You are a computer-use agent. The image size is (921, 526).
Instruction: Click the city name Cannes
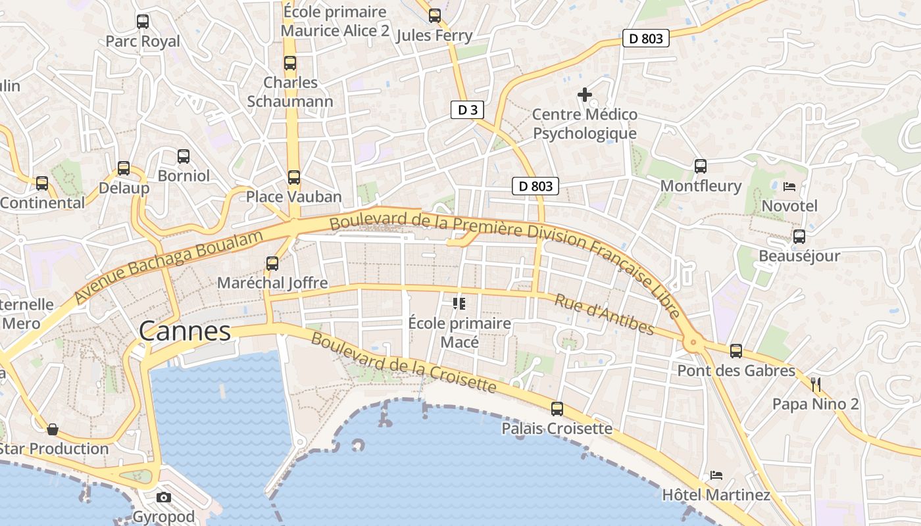pyautogui.click(x=185, y=331)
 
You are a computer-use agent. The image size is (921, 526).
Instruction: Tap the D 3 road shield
pyautogui.click(x=467, y=110)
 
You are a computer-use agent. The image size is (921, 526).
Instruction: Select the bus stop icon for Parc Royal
pyautogui.click(x=143, y=22)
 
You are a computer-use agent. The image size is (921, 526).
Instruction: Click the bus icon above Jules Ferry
pyautogui.click(x=435, y=16)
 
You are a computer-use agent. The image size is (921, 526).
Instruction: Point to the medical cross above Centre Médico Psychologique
pyautogui.click(x=584, y=95)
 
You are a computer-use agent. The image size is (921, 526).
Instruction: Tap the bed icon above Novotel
pyautogui.click(x=789, y=187)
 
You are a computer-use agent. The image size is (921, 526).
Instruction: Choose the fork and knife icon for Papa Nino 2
pyautogui.click(x=816, y=384)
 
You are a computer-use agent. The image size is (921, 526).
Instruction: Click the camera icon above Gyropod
pyautogui.click(x=164, y=497)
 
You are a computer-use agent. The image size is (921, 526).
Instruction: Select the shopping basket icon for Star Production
pyautogui.click(x=53, y=430)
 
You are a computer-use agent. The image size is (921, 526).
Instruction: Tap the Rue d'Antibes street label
pyautogui.click(x=604, y=314)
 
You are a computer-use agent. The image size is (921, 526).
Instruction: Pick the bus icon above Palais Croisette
pyautogui.click(x=557, y=409)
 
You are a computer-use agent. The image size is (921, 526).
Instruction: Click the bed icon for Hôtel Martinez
pyautogui.click(x=716, y=475)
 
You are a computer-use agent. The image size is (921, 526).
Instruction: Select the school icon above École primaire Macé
pyautogui.click(x=459, y=303)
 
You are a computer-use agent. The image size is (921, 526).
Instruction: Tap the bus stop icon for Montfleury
pyautogui.click(x=701, y=166)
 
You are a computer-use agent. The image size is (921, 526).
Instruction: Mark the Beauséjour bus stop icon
pyautogui.click(x=799, y=237)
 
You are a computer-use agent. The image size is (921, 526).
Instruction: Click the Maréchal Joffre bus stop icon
pyautogui.click(x=272, y=264)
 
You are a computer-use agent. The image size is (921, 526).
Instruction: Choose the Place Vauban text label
pyautogui.click(x=294, y=197)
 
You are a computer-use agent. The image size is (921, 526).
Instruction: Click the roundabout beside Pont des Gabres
pyautogui.click(x=692, y=342)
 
